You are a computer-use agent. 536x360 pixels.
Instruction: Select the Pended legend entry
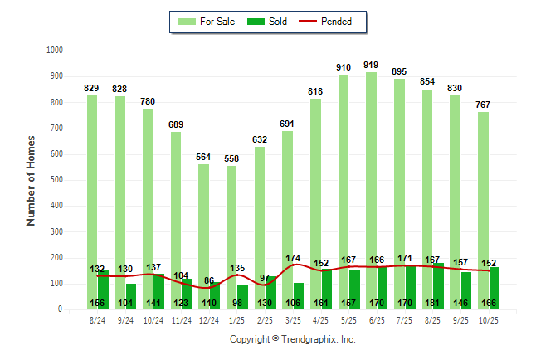point(334,22)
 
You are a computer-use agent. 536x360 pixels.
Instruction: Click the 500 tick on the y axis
point(56,180)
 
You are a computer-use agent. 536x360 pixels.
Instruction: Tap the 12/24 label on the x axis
point(209,319)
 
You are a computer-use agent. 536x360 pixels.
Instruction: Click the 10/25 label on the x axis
point(488,319)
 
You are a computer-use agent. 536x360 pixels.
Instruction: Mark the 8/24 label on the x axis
point(97,319)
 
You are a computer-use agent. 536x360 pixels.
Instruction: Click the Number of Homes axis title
point(32,180)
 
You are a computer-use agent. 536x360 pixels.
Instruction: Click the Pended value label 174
point(293,258)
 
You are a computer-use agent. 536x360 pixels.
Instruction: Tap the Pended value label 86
point(209,281)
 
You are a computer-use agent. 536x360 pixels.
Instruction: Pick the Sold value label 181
point(432,303)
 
